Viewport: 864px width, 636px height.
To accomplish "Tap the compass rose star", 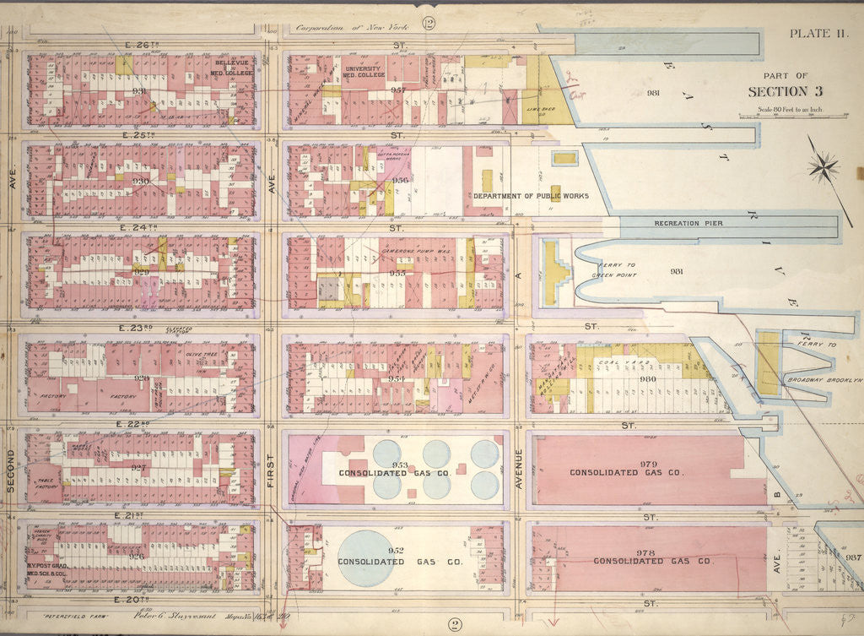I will [x=823, y=166].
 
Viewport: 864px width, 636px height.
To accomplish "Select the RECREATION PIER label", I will [x=688, y=223].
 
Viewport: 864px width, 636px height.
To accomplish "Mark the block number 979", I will [x=624, y=462].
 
